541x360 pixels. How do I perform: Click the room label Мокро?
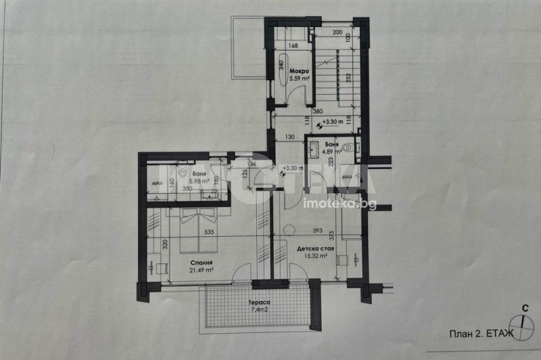(x=299, y=71)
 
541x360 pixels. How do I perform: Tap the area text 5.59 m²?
(x=299, y=79)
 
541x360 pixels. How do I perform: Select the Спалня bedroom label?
(x=202, y=263)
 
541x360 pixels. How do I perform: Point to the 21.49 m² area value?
(x=202, y=271)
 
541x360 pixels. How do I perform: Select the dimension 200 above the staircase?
(x=337, y=32)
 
